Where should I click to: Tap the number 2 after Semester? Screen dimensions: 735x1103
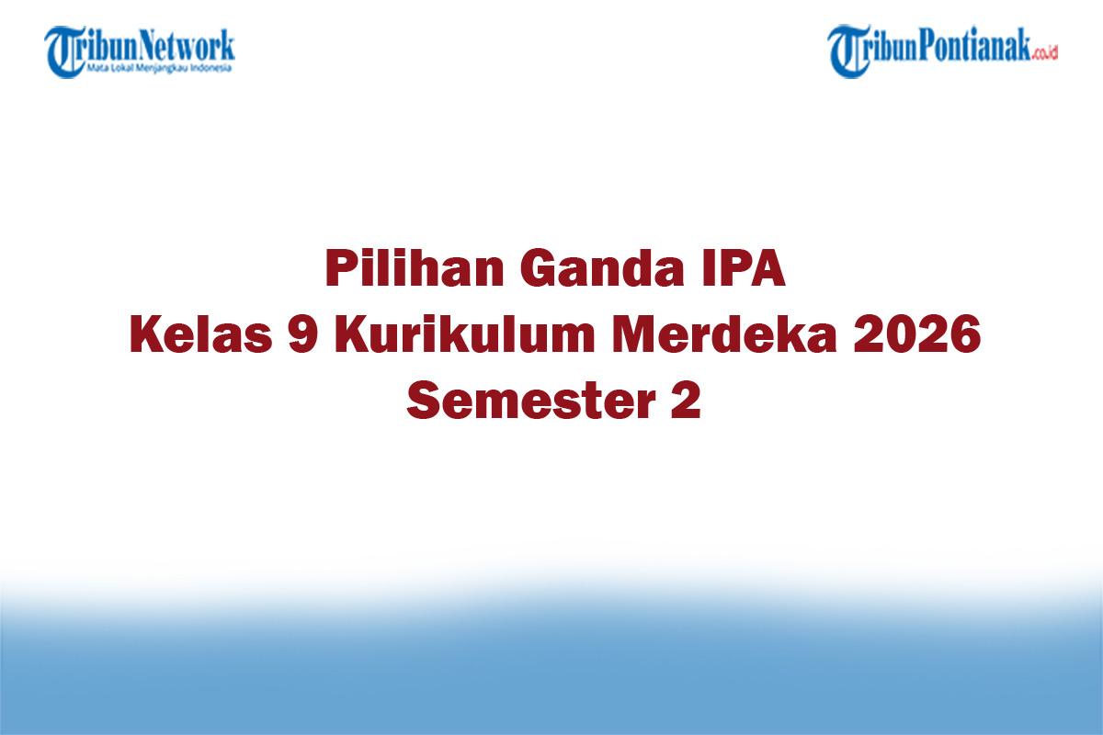coord(685,401)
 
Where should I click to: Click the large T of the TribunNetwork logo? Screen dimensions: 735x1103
coord(63,51)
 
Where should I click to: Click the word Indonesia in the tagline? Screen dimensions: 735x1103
coord(213,68)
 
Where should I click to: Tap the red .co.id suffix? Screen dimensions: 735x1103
coord(1045,53)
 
